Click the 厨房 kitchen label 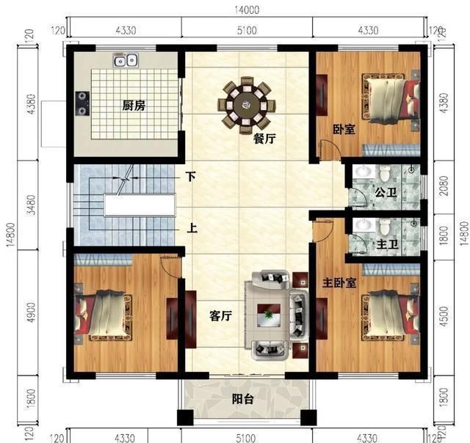[133, 106]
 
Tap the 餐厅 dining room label [264, 139]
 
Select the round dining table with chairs [247, 106]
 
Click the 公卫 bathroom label [385, 193]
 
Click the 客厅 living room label [221, 316]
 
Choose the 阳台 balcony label [243, 400]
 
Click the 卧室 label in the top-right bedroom [344, 129]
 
